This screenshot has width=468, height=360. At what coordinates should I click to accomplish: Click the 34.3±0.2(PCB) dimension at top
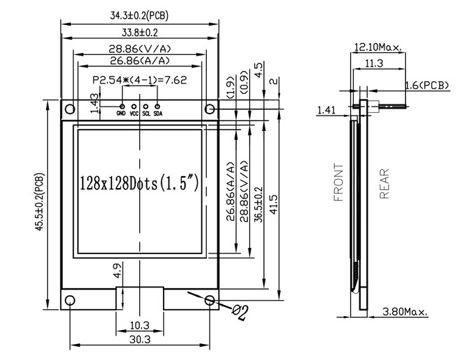click(139, 15)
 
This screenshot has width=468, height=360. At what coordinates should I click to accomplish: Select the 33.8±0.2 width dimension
click(139, 32)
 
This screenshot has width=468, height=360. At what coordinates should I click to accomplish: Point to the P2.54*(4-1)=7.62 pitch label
click(139, 80)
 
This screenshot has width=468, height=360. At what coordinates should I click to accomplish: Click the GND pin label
click(121, 113)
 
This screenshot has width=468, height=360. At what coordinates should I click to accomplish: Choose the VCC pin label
click(134, 113)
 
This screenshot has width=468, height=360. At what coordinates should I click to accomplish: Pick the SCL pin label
click(146, 113)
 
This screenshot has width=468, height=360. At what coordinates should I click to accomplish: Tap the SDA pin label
click(158, 113)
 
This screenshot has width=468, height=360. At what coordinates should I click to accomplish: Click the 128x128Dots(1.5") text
click(139, 185)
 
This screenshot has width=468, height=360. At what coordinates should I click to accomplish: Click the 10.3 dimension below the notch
click(139, 325)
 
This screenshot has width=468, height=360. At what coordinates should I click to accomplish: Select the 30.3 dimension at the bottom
click(139, 339)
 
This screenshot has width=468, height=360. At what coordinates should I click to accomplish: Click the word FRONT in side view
click(339, 182)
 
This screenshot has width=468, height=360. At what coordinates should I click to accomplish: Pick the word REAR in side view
click(384, 184)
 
